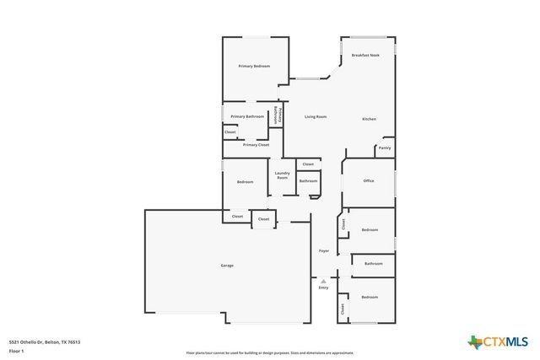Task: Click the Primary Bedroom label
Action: tap(254, 66)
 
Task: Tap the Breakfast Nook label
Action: tap(365, 55)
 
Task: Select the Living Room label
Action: tap(316, 116)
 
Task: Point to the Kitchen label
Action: tap(369, 119)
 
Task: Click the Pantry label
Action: tap(384, 148)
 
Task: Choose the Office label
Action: tap(368, 181)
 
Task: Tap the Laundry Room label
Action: tap(282, 175)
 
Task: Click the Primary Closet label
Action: tap(256, 145)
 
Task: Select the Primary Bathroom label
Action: tap(247, 116)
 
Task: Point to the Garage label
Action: tap(227, 266)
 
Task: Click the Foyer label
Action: tap(323, 251)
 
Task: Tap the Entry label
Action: tap(323, 288)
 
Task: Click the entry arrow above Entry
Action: tap(323, 281)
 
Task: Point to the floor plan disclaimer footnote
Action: tap(270, 353)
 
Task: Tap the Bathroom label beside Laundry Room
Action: tap(308, 181)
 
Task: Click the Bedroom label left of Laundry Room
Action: tap(245, 182)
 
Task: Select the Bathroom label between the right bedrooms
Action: tap(373, 264)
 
